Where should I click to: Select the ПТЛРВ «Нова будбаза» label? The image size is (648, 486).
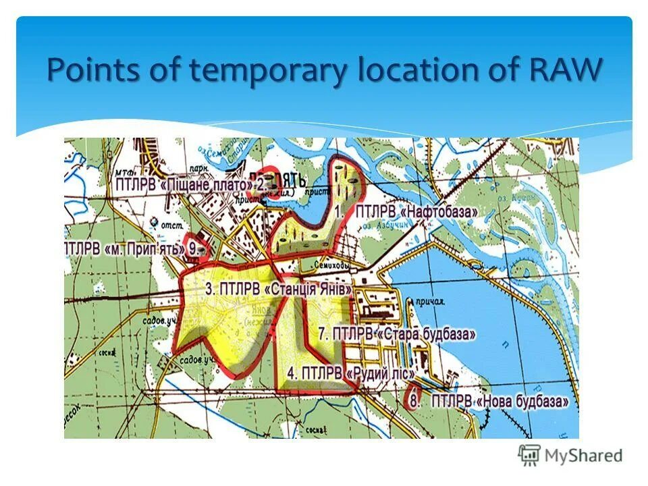click(500, 401)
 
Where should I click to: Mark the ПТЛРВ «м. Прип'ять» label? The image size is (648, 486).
click(125, 248)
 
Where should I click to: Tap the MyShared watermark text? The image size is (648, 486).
click(584, 455)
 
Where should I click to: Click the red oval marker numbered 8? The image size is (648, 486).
click(414, 397)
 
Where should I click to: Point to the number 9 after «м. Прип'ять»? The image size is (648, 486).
click(194, 248)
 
